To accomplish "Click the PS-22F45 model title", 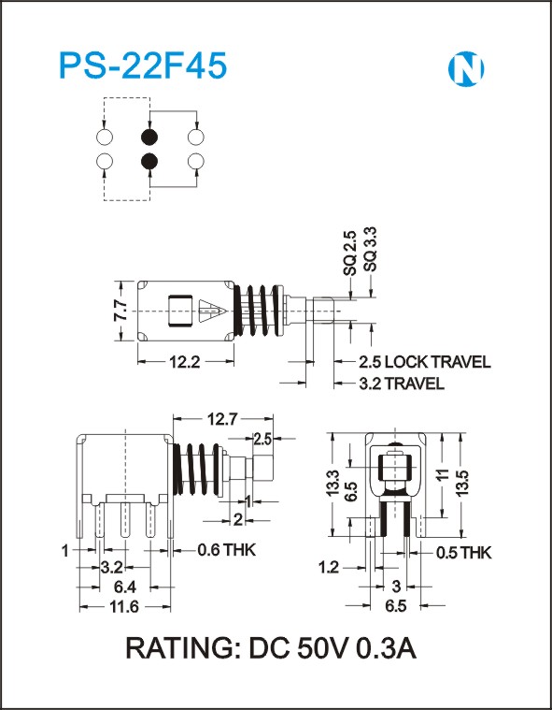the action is coord(143,66).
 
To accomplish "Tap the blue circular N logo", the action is coord(466,69).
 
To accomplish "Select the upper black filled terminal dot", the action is coord(149,137).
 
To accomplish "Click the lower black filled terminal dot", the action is coord(149,161).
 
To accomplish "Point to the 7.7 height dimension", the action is coord(120,310).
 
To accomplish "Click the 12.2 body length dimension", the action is coord(184,362).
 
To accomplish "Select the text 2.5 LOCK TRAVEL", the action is coord(425,362).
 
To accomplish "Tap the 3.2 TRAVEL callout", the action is coord(402,384).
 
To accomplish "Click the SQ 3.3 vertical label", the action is coord(371,250).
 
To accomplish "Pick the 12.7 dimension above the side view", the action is coord(222,419).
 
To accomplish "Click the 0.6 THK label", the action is coord(226,550).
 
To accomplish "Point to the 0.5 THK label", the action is coord(463,553).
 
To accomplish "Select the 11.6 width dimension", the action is coord(124,606).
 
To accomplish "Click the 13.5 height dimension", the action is coord(464,483).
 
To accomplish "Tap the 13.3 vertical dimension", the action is coord(333,483).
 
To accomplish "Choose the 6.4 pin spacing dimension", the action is coord(124,587).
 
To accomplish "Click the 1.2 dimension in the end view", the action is coord(329,567).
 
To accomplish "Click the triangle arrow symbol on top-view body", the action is coord(213,311).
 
